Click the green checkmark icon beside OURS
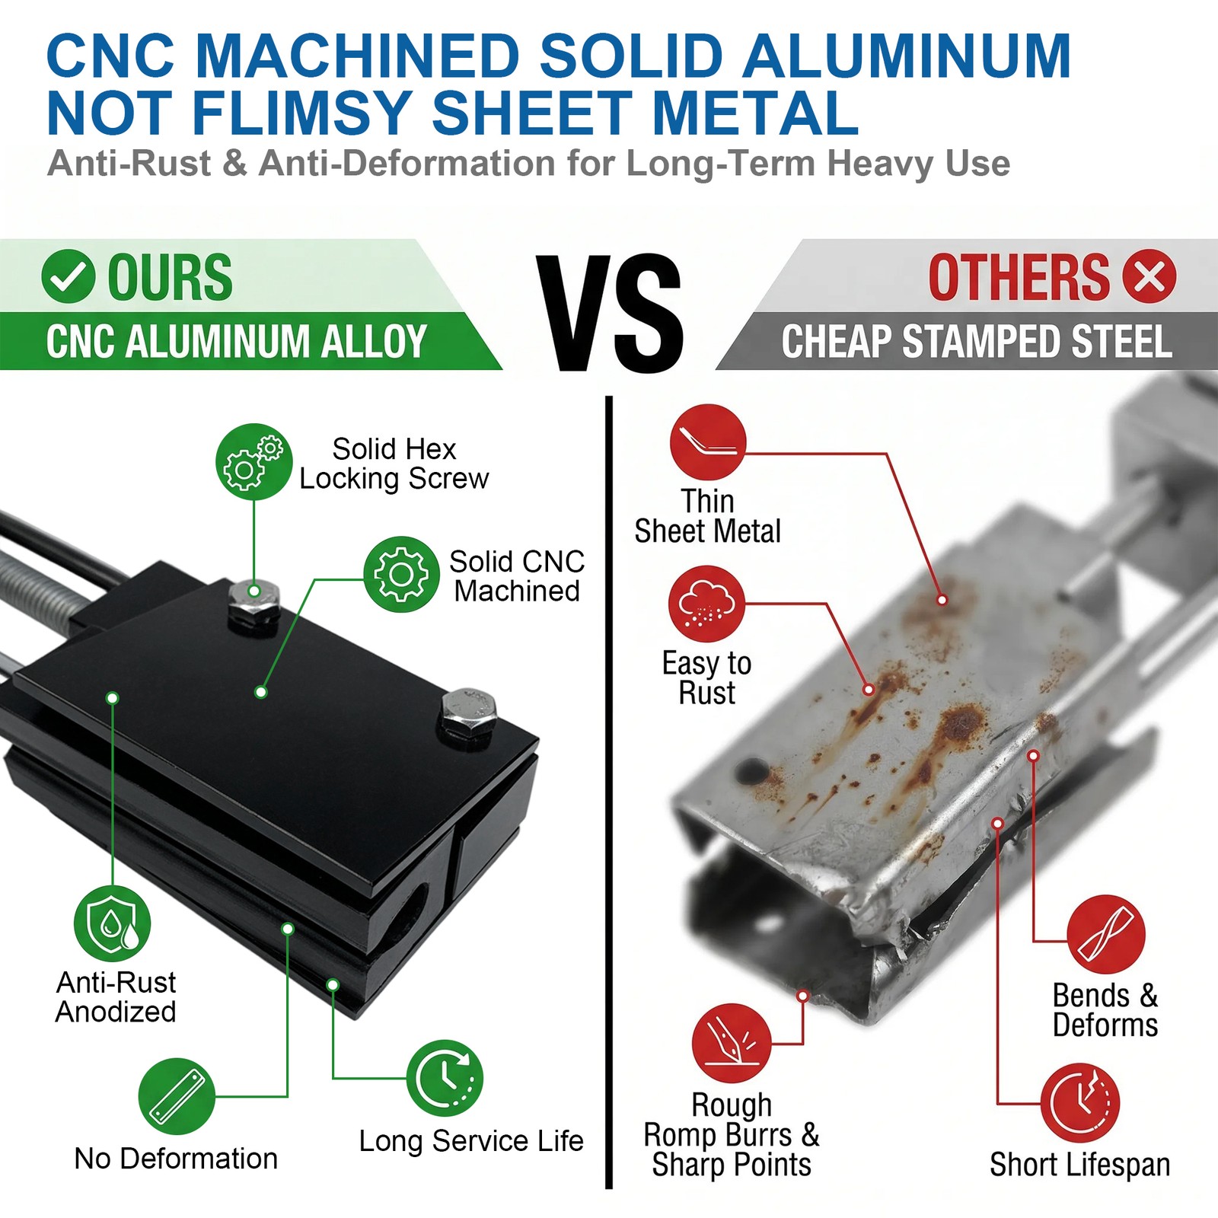(x=69, y=276)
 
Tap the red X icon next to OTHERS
(x=1149, y=276)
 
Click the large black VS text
(x=609, y=313)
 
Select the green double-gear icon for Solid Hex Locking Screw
(x=253, y=461)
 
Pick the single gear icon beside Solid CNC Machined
(x=401, y=574)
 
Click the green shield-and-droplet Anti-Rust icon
(x=112, y=923)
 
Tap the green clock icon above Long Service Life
(x=445, y=1078)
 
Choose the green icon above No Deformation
(x=177, y=1096)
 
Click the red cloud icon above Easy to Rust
(x=707, y=604)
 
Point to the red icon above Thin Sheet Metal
(x=708, y=442)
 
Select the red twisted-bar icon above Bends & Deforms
(x=1106, y=934)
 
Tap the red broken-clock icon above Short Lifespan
(x=1080, y=1103)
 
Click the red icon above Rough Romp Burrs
(x=732, y=1043)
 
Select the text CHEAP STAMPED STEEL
(x=977, y=341)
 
